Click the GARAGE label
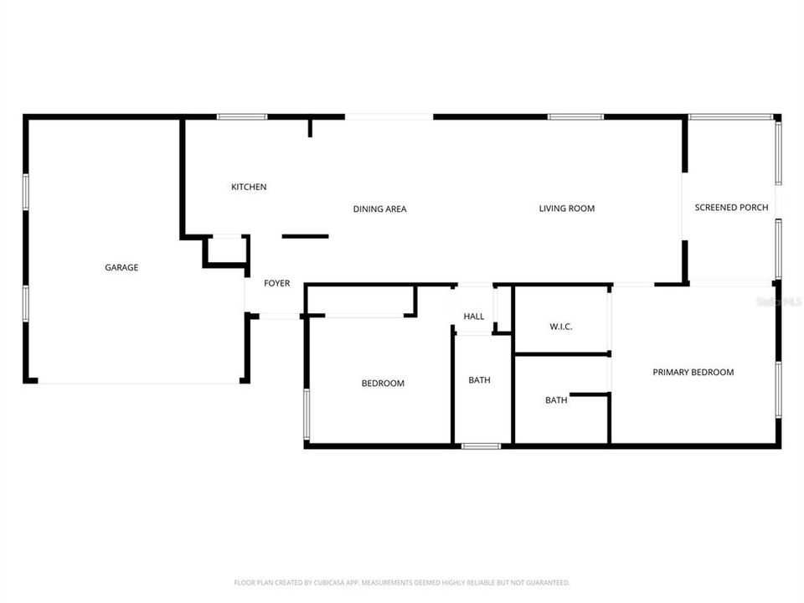coord(121,268)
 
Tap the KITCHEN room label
coord(249,187)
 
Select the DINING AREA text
coord(379,209)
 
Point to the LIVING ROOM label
coord(566,209)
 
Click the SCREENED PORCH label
coord(731,208)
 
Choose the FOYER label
coord(277,283)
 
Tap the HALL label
coord(474,317)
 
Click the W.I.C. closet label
coord(560,327)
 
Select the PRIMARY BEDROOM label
coord(693,372)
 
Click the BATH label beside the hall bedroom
coord(479,380)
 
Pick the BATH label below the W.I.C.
coord(556,400)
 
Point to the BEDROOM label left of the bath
coord(383,384)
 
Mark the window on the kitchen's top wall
coord(242,116)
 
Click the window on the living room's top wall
coord(575,116)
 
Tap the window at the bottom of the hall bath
coord(482,446)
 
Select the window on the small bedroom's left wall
coord(307,414)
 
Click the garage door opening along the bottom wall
coord(139,382)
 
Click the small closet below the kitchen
coord(226,250)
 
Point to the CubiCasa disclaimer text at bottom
coord(402,582)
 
